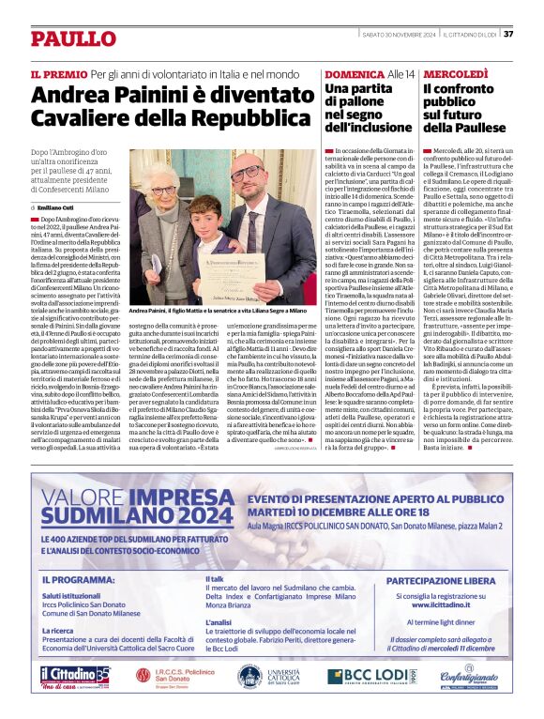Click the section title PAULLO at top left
pyautogui.click(x=71, y=38)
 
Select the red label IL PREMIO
pyautogui.click(x=58, y=73)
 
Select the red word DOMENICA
pyautogui.click(x=355, y=73)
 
